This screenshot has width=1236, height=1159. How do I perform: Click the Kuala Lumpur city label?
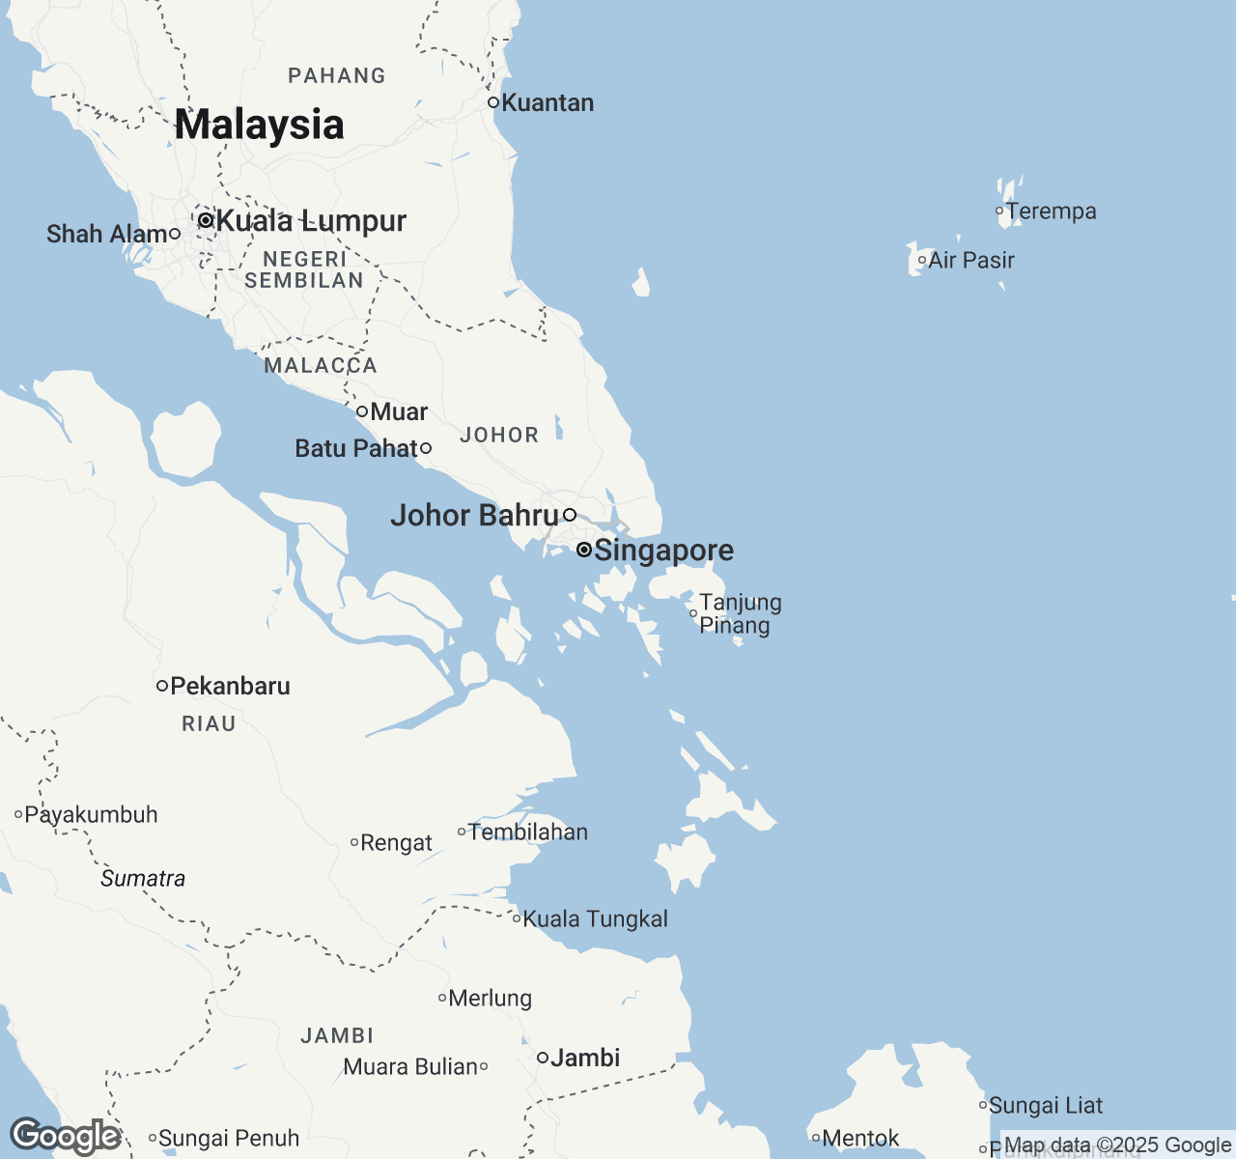point(311,221)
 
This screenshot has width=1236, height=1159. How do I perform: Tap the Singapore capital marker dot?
point(584,550)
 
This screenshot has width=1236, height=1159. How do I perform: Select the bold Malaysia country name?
point(259,125)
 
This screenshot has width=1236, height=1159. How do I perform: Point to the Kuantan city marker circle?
point(492,102)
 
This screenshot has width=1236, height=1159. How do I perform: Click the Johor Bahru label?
point(474,516)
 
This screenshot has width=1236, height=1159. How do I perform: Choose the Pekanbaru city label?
point(230,687)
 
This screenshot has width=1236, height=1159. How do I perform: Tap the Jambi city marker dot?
point(543,1058)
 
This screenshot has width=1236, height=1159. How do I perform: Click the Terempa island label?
point(1051,212)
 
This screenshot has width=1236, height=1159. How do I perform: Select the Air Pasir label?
point(971,260)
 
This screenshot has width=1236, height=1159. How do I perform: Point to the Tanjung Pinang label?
point(740,614)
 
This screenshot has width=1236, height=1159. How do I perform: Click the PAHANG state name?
point(337,75)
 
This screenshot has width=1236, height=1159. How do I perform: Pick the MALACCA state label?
point(321,365)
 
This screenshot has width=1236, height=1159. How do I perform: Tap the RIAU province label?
point(209,723)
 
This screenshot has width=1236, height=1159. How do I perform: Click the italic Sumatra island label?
point(143,878)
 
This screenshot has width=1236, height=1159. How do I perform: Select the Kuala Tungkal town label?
point(595,919)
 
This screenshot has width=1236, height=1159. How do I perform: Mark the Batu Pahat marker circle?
point(426,448)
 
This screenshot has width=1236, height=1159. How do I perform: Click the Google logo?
point(65,1137)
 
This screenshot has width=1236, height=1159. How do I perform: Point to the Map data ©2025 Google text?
point(1117,1145)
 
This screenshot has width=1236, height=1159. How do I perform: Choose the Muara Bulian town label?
point(410,1067)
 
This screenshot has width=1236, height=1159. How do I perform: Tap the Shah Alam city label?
point(107,235)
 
